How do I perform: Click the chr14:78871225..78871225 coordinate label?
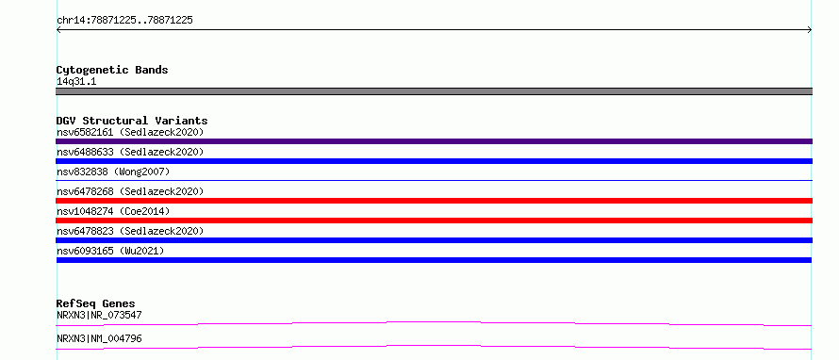[x=124, y=21]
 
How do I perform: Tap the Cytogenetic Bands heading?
[x=112, y=70]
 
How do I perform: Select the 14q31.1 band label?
[x=76, y=82]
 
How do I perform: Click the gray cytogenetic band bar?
[x=434, y=91]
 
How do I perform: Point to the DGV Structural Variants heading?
[x=132, y=121]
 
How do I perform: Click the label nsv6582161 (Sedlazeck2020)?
[x=130, y=132]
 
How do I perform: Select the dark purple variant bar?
[x=434, y=141]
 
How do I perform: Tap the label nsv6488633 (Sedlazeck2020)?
[x=130, y=152]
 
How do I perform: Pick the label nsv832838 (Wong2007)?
[x=113, y=172]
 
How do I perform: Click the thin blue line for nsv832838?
[x=434, y=181]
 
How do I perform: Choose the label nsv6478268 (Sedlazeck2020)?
[x=130, y=191]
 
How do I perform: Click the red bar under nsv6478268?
[x=434, y=201]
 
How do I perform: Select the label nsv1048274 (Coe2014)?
[x=113, y=211]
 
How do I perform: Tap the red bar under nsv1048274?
[x=434, y=221]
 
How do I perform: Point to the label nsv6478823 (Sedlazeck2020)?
[x=130, y=231]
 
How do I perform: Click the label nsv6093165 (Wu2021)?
[x=110, y=251]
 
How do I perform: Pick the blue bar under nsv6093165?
[x=434, y=260]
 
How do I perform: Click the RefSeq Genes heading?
[x=96, y=303]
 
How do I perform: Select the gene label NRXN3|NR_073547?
[x=99, y=316]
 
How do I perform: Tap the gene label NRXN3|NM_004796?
[x=99, y=339]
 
